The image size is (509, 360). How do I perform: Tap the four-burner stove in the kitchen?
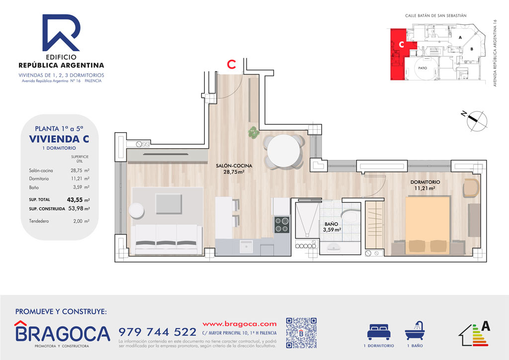[282, 225]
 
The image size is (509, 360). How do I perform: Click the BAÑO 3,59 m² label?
[330, 227]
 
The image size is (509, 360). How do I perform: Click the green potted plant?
[254, 132]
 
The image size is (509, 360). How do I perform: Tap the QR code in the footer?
[302, 333]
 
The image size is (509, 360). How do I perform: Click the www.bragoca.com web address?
[240, 323]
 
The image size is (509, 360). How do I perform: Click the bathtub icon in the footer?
[416, 331]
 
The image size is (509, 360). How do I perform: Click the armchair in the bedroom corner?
[471, 188]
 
